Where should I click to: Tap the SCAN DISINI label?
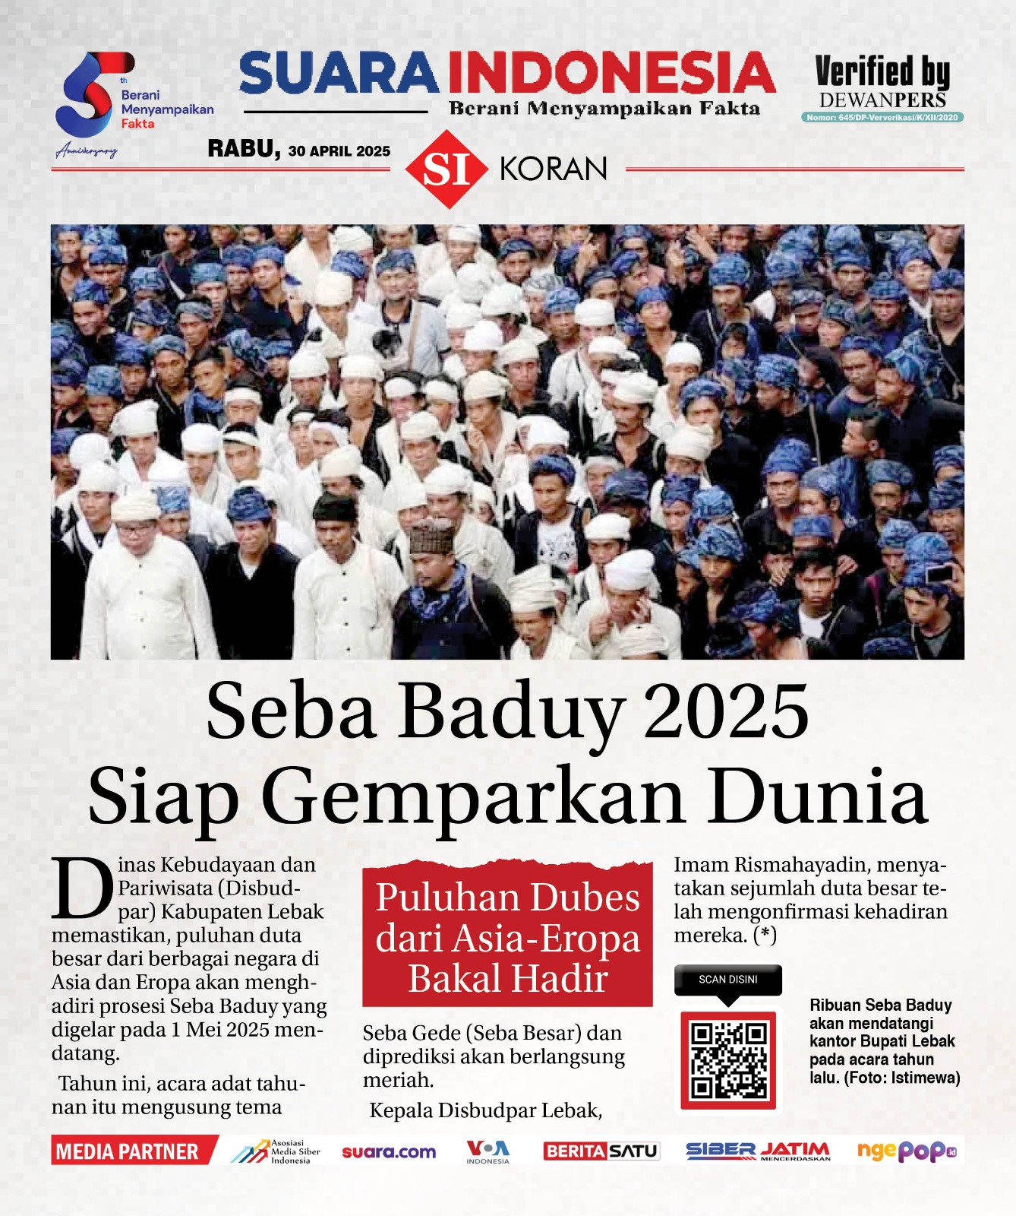pos(727,980)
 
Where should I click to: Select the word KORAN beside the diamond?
pos(554,169)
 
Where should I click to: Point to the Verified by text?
pos(882,72)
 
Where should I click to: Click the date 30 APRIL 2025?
pos(339,151)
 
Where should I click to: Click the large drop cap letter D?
pos(82,888)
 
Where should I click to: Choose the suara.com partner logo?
pos(389,1152)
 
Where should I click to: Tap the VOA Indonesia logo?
pos(487,1151)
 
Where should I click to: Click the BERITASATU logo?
pos(601,1151)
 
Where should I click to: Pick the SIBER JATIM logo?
pos(757,1151)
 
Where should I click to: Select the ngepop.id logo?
pos(906,1151)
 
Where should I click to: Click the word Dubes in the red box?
pos(584,898)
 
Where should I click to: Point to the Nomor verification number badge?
pos(882,118)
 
